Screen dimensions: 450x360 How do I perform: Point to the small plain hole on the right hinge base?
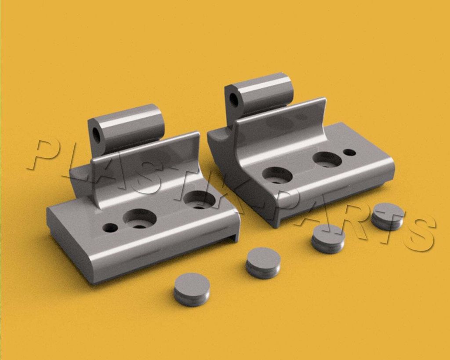tap(349, 152)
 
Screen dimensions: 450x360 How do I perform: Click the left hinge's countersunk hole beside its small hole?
tap(140, 219)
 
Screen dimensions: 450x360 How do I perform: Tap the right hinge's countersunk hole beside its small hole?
tap(327, 160)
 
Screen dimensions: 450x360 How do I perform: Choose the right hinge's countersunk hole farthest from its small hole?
tap(277, 175)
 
